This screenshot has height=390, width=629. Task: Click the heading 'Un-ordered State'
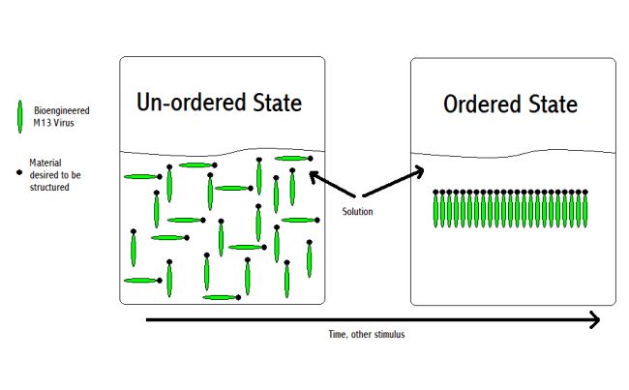tap(219, 103)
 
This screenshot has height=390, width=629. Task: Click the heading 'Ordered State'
tap(510, 105)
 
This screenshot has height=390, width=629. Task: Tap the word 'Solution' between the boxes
tap(358, 211)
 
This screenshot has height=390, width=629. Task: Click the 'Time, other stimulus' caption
tap(374, 334)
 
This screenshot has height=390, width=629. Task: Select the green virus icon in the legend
tap(19, 117)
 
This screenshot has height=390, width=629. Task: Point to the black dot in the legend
tap(19, 172)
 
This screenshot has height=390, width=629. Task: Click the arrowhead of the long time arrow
tap(594, 318)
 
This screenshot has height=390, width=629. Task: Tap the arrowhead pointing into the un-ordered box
tap(313, 175)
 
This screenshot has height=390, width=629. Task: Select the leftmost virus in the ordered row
tap(437, 210)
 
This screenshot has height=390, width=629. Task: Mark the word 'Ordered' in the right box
tap(482, 105)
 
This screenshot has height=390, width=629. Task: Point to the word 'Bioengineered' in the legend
tap(63, 110)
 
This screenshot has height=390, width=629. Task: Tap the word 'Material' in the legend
tap(46, 163)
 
